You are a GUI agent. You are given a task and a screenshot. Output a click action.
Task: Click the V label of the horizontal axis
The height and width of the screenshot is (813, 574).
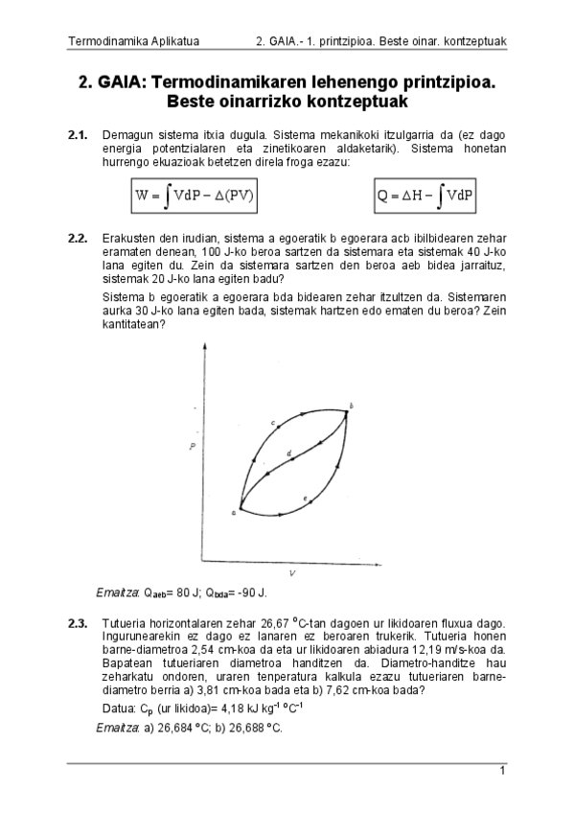click(x=290, y=572)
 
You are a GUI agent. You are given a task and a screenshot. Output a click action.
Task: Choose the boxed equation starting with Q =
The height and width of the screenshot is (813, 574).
click(x=425, y=197)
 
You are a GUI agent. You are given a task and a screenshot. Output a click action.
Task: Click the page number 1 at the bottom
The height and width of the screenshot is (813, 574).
click(x=502, y=771)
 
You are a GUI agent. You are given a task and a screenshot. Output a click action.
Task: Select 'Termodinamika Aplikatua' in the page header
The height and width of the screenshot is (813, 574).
click(x=120, y=41)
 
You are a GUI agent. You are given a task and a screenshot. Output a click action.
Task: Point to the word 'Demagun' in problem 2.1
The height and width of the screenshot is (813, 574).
click(x=126, y=135)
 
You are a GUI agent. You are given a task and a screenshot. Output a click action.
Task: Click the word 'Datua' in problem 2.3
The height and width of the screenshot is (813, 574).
click(x=119, y=708)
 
